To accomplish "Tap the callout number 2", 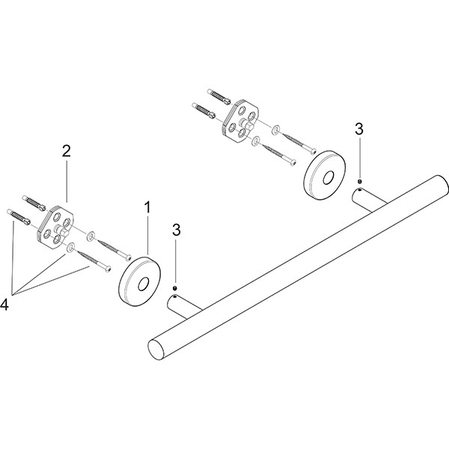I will pyautogui.click(x=66, y=151).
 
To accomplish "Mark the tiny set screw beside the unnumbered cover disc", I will pyautogui.click(x=360, y=180).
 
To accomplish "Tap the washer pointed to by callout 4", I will pyautogui.click(x=70, y=246).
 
